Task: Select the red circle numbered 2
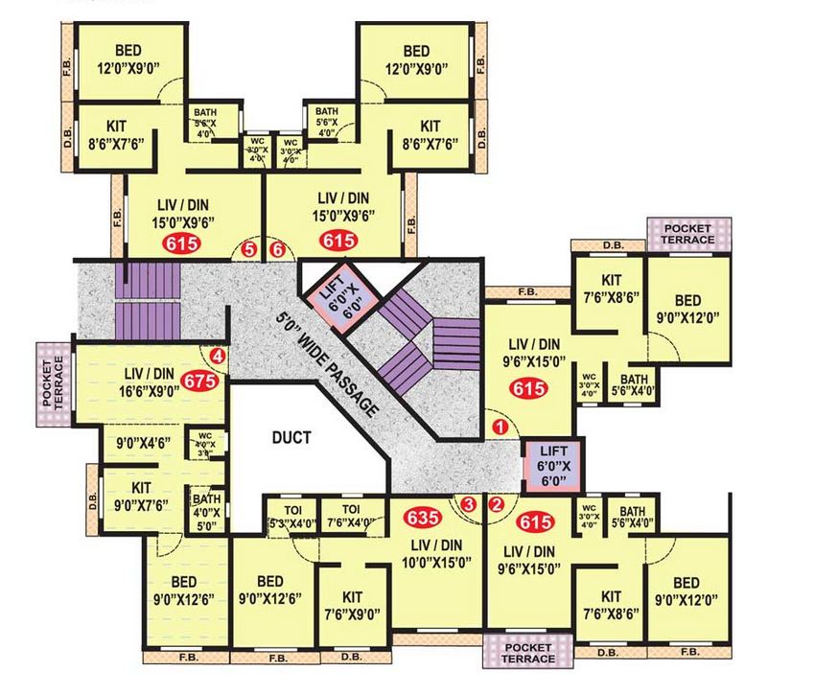tap(496, 503)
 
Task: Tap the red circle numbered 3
tap(468, 503)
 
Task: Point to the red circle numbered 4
tap(218, 357)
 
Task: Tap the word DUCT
tap(291, 438)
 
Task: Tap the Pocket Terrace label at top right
tap(687, 233)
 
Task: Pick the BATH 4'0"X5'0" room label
tap(206, 511)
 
